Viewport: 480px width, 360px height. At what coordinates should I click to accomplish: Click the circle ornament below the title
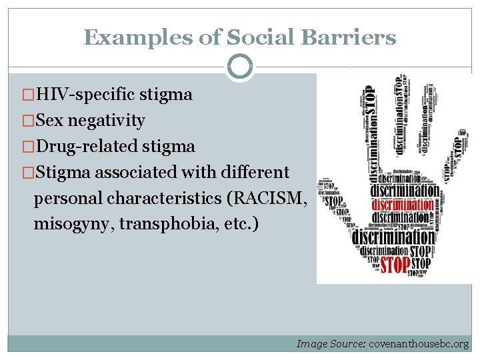(240, 67)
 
